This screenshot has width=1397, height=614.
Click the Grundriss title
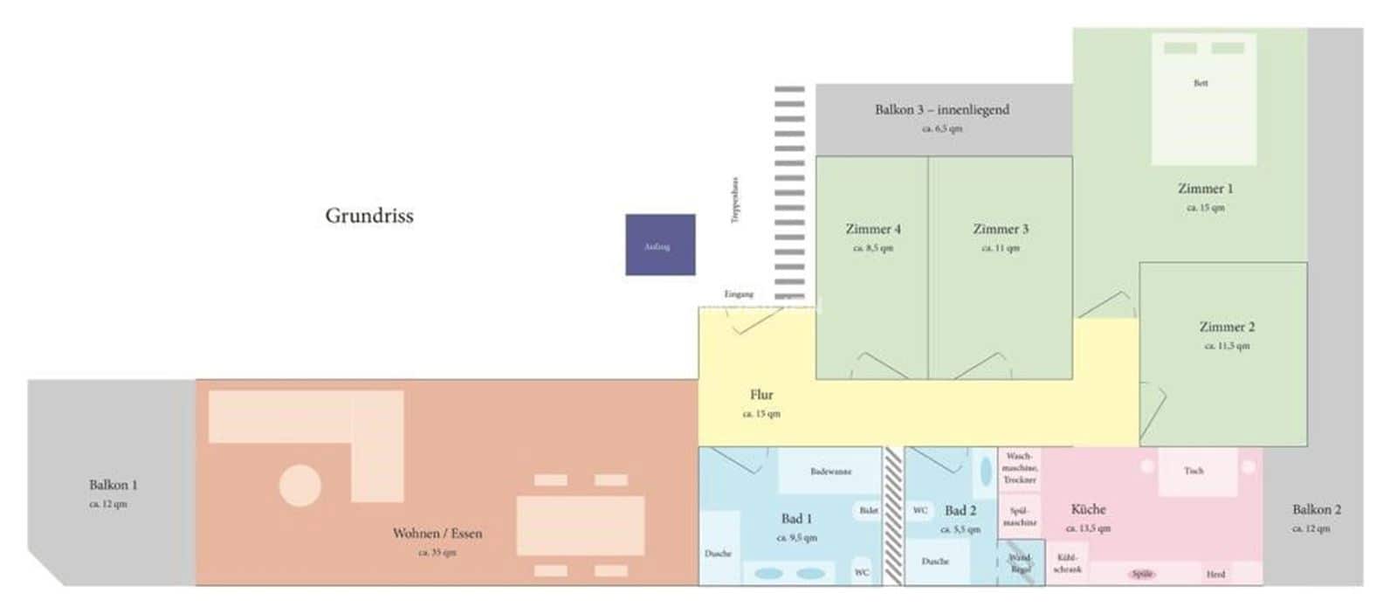click(368, 216)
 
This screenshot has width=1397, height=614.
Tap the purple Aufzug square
click(660, 245)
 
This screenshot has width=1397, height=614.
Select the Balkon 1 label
click(113, 485)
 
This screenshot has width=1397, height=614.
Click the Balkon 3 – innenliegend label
click(941, 110)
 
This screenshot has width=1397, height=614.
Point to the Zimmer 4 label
click(872, 229)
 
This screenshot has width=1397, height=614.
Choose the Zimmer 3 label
click(1001, 229)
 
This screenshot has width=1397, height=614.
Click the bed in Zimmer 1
click(1203, 99)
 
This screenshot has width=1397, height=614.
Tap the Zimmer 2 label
click(1226, 327)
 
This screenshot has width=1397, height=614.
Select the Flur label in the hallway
click(761, 395)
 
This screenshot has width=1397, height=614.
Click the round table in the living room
click(299, 486)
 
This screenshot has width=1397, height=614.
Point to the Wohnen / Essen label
click(437, 533)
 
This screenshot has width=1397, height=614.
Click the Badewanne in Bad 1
click(829, 472)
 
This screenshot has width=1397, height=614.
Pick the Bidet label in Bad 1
click(868, 510)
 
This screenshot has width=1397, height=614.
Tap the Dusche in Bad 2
click(935, 562)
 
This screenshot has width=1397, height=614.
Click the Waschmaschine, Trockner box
click(1019, 468)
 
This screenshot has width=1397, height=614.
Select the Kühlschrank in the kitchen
click(1067, 563)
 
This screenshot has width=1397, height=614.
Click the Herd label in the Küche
click(1215, 574)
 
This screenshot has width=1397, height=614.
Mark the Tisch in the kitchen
click(1194, 472)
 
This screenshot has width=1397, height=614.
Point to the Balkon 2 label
click(1316, 509)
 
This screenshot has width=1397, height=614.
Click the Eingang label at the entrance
click(738, 294)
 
